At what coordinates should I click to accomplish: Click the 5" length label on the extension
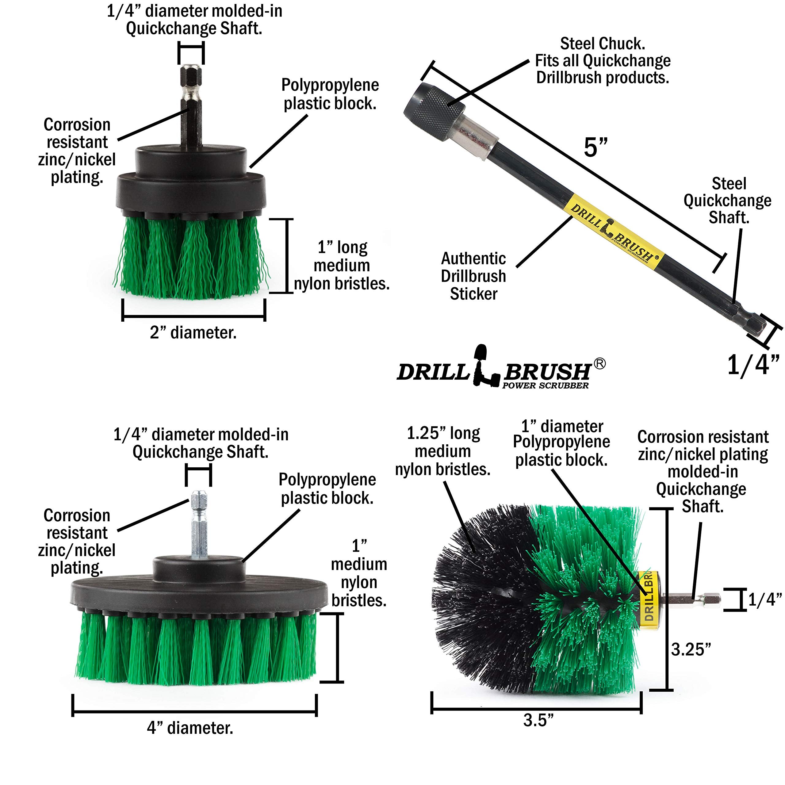pos(596,147)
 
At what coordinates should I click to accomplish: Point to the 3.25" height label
pos(691,649)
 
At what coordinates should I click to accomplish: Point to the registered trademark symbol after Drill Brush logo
pos(600,364)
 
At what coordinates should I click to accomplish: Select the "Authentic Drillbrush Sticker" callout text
pos(473,276)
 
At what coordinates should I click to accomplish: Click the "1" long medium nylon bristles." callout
pos(341,265)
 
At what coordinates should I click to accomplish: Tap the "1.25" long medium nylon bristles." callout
pos(443,451)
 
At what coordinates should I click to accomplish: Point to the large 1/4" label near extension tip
pos(752,365)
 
